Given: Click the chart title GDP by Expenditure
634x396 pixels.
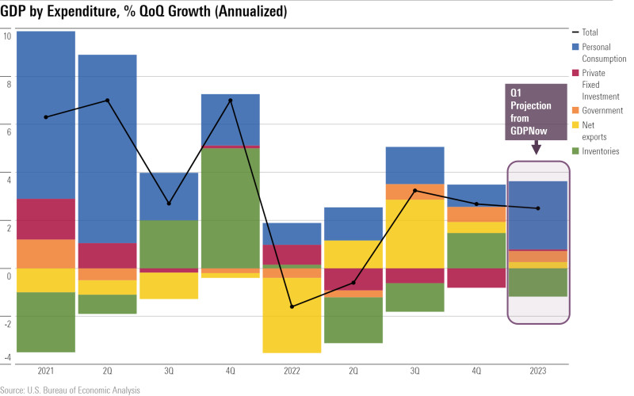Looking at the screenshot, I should (143, 11).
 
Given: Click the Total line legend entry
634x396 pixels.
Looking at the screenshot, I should (590, 32).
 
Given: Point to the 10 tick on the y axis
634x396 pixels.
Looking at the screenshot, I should (7, 36).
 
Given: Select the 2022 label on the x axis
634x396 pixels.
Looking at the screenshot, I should (292, 371).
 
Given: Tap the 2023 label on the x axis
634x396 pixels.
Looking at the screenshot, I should (538, 371).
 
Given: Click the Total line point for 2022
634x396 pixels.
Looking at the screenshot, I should (292, 307).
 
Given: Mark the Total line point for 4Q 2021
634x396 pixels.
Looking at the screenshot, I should (231, 101).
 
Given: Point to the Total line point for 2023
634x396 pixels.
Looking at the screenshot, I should (538, 208).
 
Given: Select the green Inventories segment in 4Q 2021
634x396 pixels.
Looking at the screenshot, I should (231, 208).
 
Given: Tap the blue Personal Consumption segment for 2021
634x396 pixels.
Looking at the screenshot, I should (46, 115).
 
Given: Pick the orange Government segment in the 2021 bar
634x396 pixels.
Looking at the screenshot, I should (46, 253).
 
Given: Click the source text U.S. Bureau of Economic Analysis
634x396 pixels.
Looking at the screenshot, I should (71, 390).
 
